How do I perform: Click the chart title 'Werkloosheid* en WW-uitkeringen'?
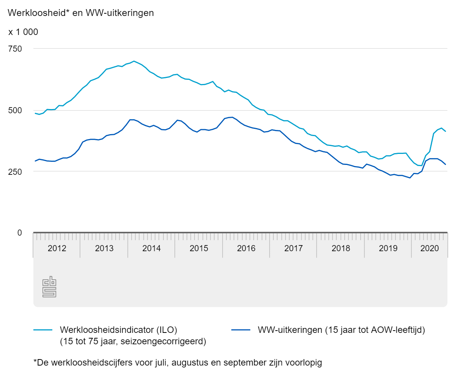[x=81, y=13]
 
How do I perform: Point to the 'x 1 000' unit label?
[x=23, y=32]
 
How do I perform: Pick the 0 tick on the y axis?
[x=20, y=233]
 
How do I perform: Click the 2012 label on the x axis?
[x=57, y=249]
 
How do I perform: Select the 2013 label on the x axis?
[x=104, y=249]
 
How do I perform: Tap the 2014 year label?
[x=151, y=249]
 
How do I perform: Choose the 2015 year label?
[x=199, y=249]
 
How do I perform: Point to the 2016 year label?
[x=246, y=249]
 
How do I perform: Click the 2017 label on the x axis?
[x=293, y=249]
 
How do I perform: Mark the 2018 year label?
[x=341, y=249]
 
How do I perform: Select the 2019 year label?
[x=388, y=249]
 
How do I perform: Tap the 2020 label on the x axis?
[x=430, y=249]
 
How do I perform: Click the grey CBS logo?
[x=49, y=287]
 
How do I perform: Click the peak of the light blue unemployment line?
[x=134, y=61]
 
